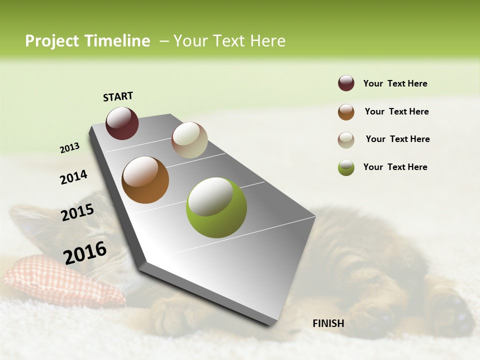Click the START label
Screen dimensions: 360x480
[x=118, y=96]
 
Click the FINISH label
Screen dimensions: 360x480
[x=328, y=323]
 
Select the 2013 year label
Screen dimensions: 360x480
[x=69, y=148]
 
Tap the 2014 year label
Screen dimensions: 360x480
[x=73, y=177]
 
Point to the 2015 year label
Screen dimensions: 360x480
[x=77, y=212]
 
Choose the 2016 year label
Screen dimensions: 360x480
[x=85, y=252]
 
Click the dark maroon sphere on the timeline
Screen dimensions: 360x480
[x=122, y=123]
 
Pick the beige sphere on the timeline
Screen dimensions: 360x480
[x=189, y=140]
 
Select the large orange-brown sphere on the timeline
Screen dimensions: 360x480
[x=145, y=180]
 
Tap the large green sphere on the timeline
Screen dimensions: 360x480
[x=216, y=207]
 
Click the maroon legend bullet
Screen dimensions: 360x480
[x=346, y=83]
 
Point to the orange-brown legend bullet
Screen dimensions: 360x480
[x=346, y=112]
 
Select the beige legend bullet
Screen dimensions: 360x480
[x=346, y=140]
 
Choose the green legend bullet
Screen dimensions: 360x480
[x=346, y=167]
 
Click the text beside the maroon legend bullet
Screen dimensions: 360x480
[x=395, y=84]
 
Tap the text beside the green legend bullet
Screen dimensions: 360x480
[x=395, y=167]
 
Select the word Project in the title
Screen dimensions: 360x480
[x=52, y=41]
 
